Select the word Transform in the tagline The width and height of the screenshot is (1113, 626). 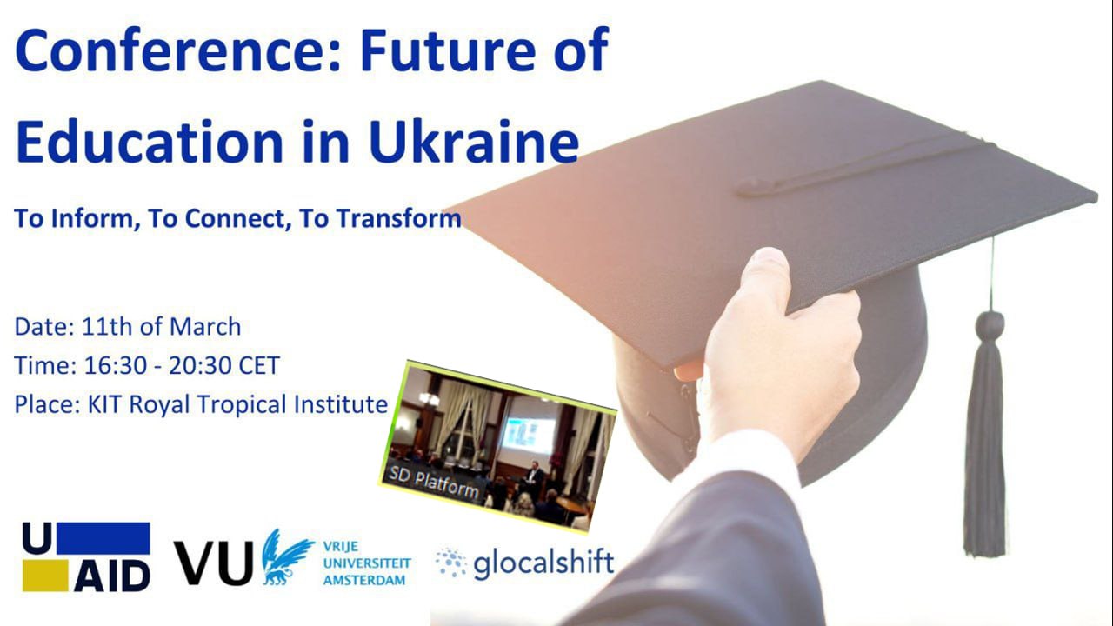tap(399, 218)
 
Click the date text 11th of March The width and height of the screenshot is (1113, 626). tap(161, 327)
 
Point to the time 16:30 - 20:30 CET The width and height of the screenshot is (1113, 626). tap(182, 366)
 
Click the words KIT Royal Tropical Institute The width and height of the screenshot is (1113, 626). tap(237, 404)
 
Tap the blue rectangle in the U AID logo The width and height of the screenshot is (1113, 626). tap(103, 538)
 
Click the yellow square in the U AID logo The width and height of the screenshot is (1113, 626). tap(45, 576)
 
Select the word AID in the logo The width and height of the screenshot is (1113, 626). tap(112, 576)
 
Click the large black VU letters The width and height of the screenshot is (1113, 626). tap(213, 563)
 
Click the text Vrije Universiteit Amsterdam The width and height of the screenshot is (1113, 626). tap(367, 563)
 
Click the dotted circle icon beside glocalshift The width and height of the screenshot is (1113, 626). tap(451, 563)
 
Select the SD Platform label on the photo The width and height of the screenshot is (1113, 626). tap(433, 483)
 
